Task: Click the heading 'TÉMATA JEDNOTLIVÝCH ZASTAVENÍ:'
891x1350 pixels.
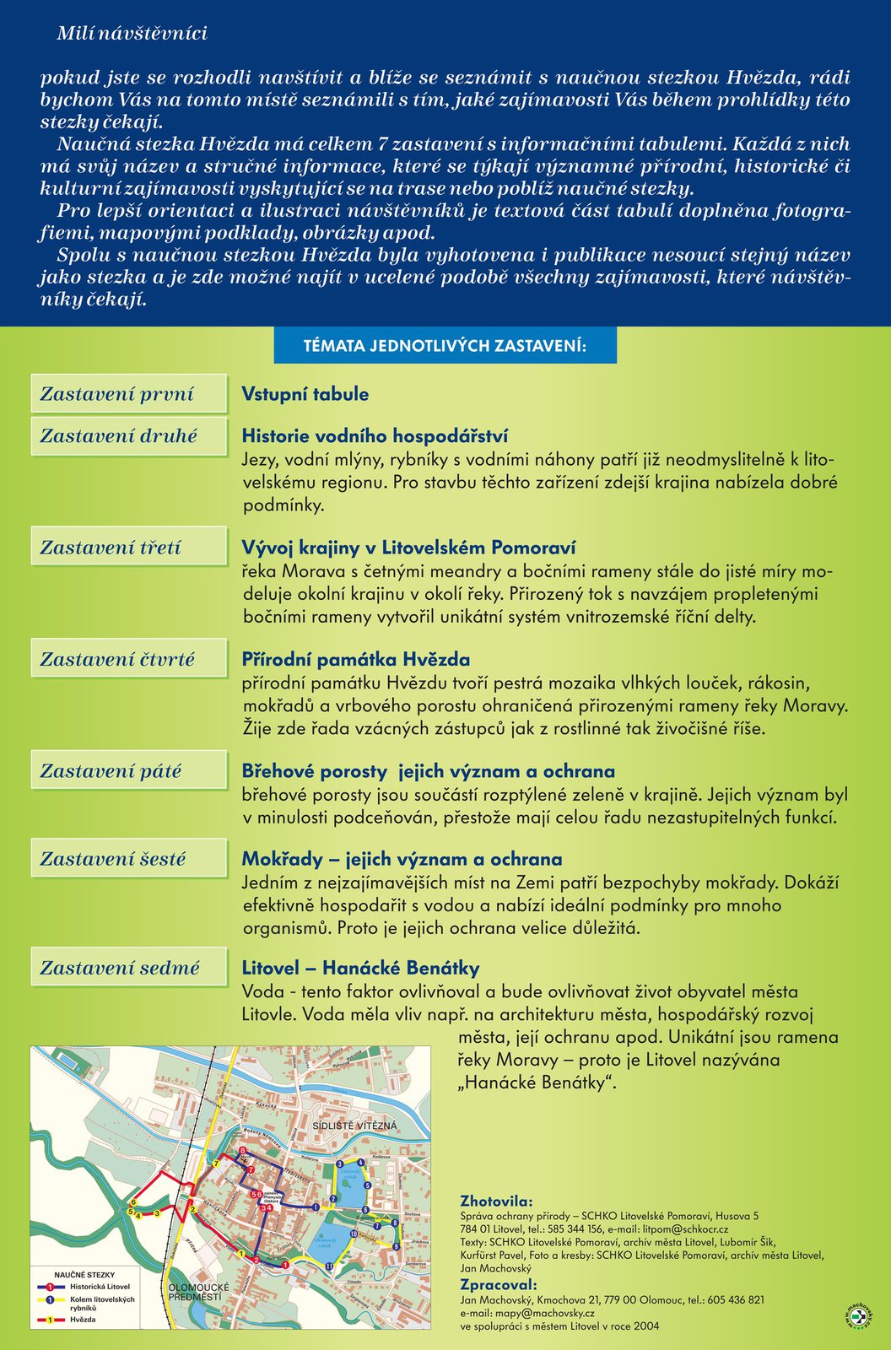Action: [x=445, y=346]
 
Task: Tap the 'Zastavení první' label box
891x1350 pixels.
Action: [x=129, y=394]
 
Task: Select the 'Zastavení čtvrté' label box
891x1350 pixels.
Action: [x=129, y=659]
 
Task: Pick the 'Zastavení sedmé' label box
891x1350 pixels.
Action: [x=129, y=968]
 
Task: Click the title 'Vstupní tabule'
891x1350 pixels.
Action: [x=305, y=394]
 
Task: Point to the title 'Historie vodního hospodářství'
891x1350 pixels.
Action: [x=375, y=436]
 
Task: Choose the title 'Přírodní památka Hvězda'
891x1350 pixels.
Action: [x=355, y=659]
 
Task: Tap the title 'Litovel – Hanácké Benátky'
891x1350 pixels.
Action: [x=360, y=968]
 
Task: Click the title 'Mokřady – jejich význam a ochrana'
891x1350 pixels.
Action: [x=402, y=859]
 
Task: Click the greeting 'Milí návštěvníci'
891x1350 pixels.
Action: [x=132, y=34]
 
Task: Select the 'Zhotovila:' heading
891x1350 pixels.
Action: [x=496, y=1201]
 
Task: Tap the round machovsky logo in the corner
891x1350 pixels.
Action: [x=857, y=1316]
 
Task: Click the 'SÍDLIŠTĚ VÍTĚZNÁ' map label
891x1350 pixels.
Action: [x=354, y=1126]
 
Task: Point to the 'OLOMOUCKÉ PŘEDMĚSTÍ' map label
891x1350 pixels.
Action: [x=195, y=1292]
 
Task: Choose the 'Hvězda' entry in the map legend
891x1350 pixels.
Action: [x=83, y=1319]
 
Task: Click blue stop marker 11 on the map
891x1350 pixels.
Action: [x=329, y=1266]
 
